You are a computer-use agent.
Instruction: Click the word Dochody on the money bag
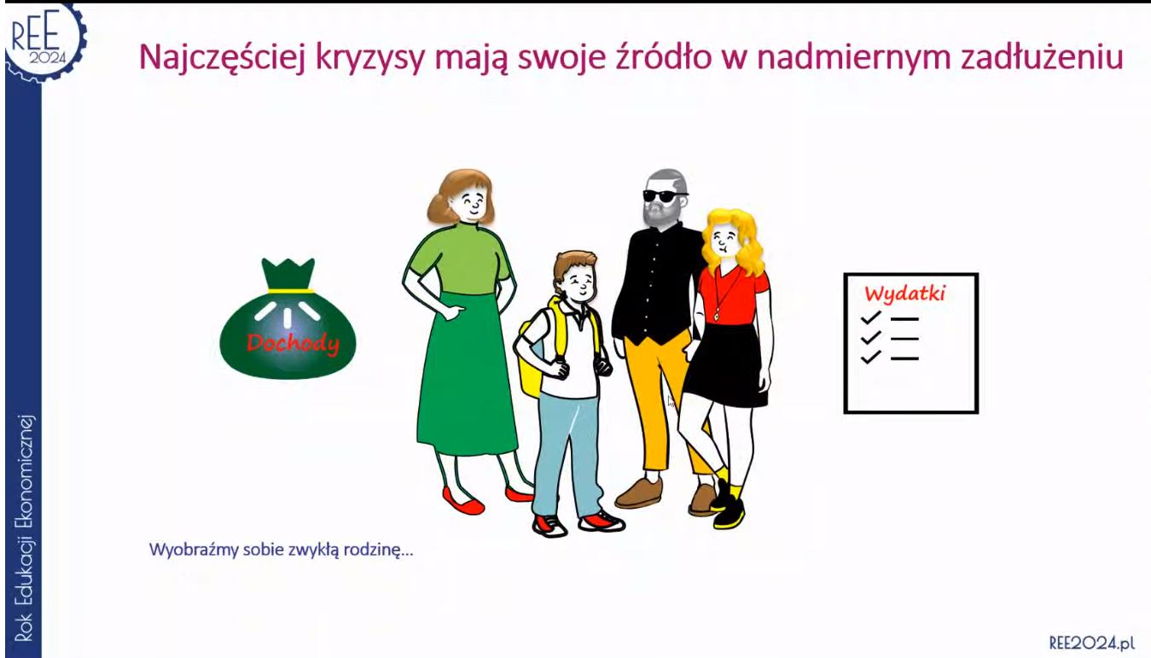point(293,343)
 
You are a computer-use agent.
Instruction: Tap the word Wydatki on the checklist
point(905,294)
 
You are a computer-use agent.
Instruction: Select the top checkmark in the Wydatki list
point(870,318)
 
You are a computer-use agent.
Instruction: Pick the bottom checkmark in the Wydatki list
point(870,356)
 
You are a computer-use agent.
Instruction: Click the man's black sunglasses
point(665,195)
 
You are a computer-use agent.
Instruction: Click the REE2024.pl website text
point(1091,643)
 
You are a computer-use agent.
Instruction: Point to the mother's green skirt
point(466,376)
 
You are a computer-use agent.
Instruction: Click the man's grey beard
point(660,213)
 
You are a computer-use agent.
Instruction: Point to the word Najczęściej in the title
point(223,57)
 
